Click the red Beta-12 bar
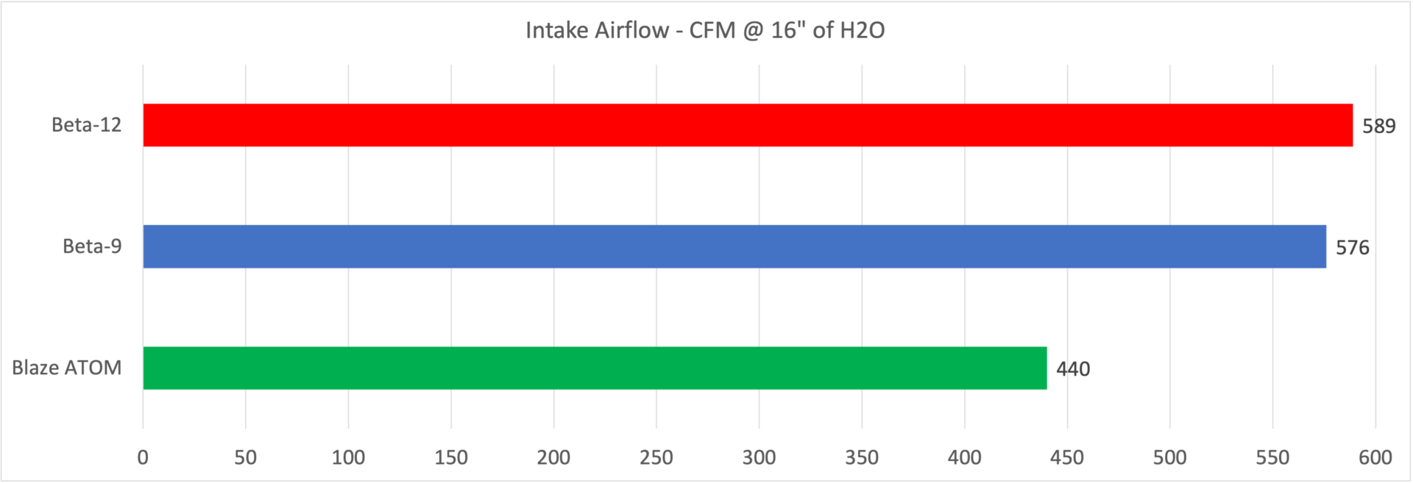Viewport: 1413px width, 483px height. point(748,125)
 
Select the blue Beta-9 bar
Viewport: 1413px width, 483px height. point(734,246)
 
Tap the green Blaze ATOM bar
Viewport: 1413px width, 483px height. point(595,368)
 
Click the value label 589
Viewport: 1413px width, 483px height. point(1378,126)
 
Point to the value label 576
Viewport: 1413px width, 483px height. point(1353,248)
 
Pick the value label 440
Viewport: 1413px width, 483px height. point(1073,369)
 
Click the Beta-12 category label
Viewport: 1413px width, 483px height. point(86,125)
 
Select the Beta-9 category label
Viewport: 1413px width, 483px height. point(92,246)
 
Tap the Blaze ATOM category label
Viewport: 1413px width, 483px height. point(67,368)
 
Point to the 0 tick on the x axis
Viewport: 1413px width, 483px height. point(143,457)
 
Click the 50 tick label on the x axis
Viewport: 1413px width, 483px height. point(245,457)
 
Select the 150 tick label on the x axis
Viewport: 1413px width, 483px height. point(450,457)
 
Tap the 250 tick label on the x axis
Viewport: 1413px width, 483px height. point(656,457)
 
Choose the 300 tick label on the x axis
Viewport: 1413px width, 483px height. point(759,457)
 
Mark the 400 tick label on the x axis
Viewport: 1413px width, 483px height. point(964,457)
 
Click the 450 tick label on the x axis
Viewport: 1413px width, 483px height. point(1067,457)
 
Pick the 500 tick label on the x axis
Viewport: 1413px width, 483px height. point(1169,457)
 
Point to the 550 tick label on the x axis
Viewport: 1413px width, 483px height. point(1272,457)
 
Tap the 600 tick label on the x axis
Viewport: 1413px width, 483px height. point(1375,457)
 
